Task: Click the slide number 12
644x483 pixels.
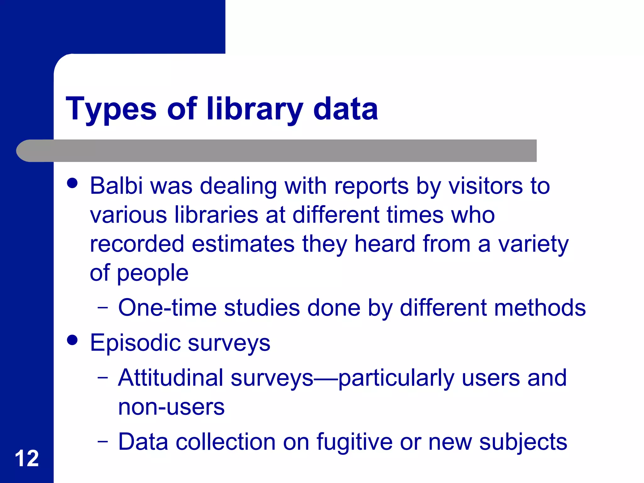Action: coord(27,458)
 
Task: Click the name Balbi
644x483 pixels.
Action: coord(116,186)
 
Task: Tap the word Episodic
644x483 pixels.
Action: coord(135,343)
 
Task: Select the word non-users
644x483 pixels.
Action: coord(171,407)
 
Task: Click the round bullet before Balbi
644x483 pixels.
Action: coord(72,183)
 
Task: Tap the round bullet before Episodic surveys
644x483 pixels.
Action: coord(72,340)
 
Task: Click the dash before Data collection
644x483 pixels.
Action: coord(103,441)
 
